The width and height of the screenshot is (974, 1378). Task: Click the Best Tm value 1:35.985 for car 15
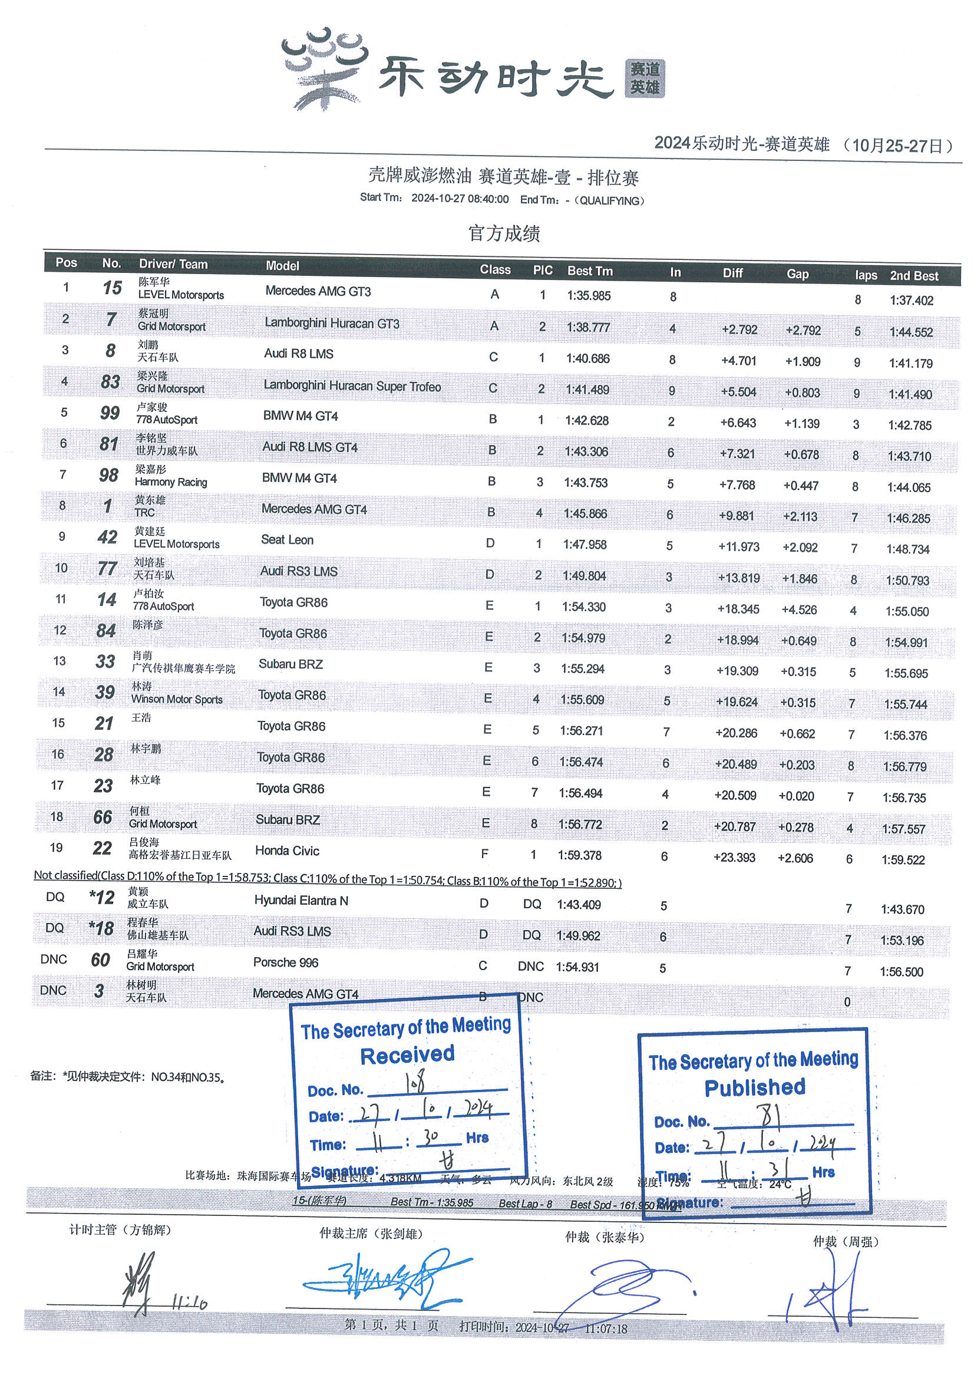tap(588, 295)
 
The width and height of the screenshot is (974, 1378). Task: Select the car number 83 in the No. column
tap(110, 382)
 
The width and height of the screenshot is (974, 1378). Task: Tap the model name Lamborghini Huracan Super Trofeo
tap(352, 386)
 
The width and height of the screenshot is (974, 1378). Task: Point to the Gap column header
tap(798, 273)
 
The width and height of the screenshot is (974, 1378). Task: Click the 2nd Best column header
tap(913, 276)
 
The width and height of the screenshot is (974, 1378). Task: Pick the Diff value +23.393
tap(734, 857)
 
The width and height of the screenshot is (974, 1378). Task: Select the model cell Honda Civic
tap(287, 850)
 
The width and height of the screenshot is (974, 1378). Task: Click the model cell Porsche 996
tap(286, 962)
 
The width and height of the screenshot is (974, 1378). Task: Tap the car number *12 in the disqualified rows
tap(101, 897)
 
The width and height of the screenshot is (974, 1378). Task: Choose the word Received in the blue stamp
tap(408, 1054)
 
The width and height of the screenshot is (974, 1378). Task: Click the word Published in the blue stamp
tap(754, 1087)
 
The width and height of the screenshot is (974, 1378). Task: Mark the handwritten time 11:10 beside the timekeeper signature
tap(190, 1303)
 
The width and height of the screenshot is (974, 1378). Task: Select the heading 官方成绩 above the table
tap(504, 233)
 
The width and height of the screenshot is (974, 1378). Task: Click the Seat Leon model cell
tap(287, 539)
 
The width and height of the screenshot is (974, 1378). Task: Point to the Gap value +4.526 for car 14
tap(799, 610)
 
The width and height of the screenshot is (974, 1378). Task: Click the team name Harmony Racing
tap(171, 482)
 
